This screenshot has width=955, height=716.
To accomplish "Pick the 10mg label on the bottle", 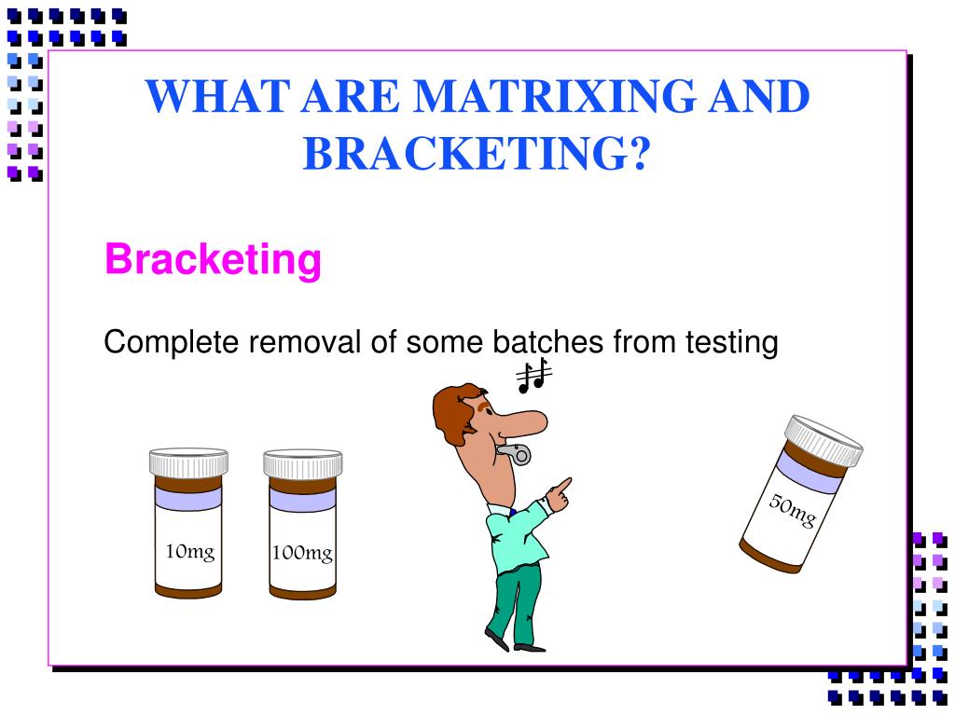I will pos(189,551).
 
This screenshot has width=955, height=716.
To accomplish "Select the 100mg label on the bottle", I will pos(302,554).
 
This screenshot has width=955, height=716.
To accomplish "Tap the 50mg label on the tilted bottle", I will pos(792,511).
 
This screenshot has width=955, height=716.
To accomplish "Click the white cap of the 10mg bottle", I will pos(188,462).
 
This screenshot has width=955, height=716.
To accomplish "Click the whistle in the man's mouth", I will pos(516,453).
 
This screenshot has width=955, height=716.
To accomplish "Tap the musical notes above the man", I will pos(534,376).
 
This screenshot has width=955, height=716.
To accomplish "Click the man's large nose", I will pos(524,421).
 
